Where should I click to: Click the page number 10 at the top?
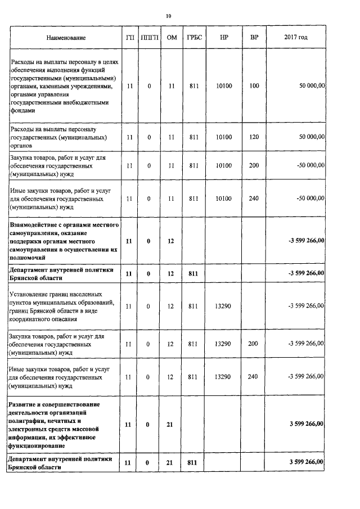[168, 16]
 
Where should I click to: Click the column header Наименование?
[66, 38]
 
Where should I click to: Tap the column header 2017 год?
[296, 38]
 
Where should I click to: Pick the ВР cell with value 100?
[254, 86]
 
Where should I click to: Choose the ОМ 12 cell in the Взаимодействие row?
[172, 241]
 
